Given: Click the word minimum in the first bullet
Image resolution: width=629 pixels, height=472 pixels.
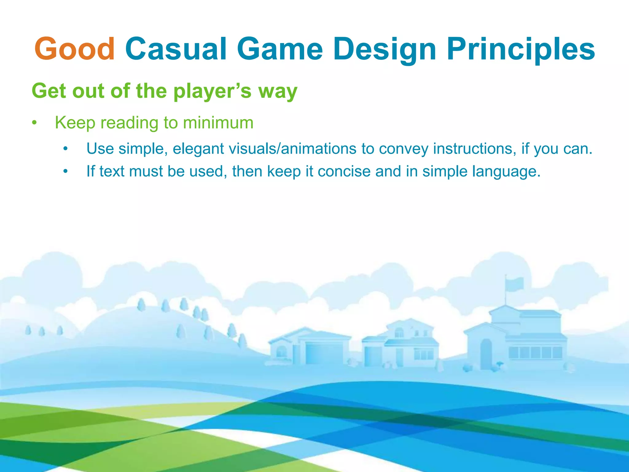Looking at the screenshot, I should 218,123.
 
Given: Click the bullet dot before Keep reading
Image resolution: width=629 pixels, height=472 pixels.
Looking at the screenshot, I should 35,123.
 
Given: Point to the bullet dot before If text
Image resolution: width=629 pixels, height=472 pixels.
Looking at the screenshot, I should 65,171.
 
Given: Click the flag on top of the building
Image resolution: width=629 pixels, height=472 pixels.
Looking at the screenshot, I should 515,284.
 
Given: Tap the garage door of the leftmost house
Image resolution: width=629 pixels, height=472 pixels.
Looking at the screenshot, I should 324,353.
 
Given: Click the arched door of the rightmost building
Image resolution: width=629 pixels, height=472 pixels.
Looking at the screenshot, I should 486,353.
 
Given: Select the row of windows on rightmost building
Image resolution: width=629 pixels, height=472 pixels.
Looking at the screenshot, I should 535,352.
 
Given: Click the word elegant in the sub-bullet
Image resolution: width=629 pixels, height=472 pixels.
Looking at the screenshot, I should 198,149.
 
